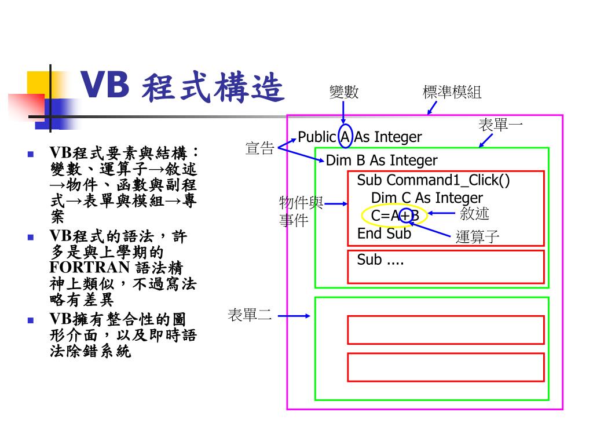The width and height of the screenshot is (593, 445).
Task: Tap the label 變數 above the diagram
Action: (x=344, y=92)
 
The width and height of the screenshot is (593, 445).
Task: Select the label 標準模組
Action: (x=452, y=92)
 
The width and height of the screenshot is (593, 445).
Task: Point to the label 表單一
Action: (x=500, y=125)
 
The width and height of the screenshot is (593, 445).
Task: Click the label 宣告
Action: (x=259, y=148)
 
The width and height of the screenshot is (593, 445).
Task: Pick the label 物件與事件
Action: (x=301, y=211)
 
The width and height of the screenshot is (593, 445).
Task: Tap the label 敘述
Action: (x=474, y=213)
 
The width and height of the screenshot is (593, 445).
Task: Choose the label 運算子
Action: (x=477, y=236)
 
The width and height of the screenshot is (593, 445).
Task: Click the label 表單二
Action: (x=250, y=315)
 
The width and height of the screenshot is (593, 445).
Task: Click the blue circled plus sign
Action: (x=405, y=216)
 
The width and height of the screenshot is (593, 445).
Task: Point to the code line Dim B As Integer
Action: (x=382, y=161)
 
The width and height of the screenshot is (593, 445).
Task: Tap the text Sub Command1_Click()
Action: (x=433, y=180)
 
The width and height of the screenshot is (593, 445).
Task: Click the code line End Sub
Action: (x=384, y=234)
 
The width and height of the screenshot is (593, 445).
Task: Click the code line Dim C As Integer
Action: (x=426, y=198)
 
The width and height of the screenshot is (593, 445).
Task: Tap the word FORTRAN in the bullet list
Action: (x=89, y=268)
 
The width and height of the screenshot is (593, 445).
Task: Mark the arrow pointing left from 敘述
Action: (x=441, y=213)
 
